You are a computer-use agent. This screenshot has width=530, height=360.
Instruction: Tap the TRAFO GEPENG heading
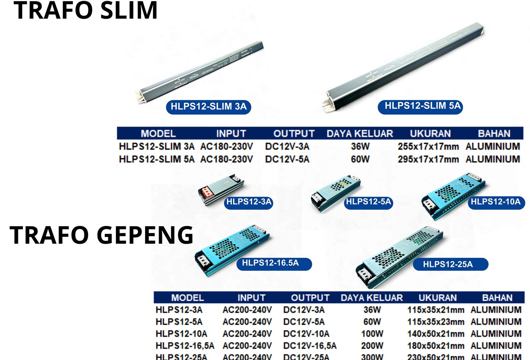[x=102, y=235]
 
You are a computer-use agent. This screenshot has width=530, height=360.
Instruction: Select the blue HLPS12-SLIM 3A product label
[x=208, y=107]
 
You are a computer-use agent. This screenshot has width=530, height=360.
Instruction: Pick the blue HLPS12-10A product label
[x=495, y=202]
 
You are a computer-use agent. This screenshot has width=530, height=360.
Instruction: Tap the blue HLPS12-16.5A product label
[x=271, y=263]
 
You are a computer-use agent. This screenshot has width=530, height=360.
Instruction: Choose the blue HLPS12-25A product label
[x=448, y=264]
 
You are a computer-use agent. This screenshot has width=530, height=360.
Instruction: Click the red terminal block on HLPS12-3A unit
[x=206, y=192]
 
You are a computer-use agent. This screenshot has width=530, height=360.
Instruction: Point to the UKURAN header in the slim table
[x=430, y=133]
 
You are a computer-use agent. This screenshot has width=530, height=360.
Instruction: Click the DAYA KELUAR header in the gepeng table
[x=372, y=297]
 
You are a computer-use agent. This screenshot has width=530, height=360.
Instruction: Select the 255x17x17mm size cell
[x=428, y=146]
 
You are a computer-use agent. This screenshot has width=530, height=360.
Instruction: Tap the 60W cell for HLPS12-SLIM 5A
[x=360, y=159]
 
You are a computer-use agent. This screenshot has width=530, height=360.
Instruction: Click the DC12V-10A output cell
[x=306, y=334]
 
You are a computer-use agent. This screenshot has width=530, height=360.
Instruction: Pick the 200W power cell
[x=372, y=346]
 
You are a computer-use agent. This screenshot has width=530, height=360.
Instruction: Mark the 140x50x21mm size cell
[x=435, y=334]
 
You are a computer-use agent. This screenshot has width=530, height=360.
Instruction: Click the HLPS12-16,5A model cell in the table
[x=185, y=346]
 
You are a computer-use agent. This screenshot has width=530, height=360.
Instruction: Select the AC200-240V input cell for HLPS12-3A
[x=247, y=310]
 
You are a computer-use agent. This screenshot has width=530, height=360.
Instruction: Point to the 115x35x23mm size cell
[x=435, y=322]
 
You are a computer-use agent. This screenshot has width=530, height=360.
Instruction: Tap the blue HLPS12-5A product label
[x=368, y=202]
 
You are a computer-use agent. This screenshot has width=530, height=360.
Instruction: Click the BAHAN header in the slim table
[x=494, y=133]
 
